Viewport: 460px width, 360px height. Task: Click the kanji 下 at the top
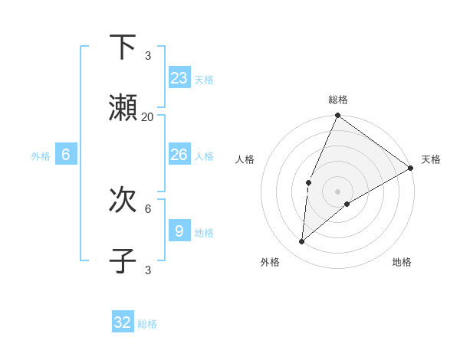(x=123, y=47)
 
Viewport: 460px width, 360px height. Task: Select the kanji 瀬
(x=123, y=108)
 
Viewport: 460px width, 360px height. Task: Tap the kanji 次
(x=123, y=200)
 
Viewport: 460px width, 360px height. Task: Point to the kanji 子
(x=123, y=261)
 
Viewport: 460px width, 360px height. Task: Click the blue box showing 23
(x=179, y=78)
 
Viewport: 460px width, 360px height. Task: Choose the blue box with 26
(x=179, y=155)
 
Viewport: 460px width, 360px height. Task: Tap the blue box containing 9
(x=179, y=231)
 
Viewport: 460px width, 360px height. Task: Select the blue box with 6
(x=66, y=155)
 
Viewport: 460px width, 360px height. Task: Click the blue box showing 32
(x=123, y=322)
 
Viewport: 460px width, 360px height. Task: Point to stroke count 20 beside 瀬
(x=147, y=117)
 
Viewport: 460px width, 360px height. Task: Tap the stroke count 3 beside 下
(x=148, y=56)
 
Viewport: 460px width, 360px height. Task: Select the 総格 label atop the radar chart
(x=338, y=100)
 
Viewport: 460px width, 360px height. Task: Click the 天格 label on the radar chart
(x=431, y=159)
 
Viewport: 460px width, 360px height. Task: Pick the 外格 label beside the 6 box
(x=41, y=156)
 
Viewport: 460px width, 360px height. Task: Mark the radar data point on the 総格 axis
(x=337, y=116)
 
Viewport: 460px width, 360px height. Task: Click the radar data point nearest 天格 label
(x=410, y=168)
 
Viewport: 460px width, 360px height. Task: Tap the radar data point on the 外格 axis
(x=302, y=242)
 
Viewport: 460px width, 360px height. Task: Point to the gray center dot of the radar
(x=337, y=191)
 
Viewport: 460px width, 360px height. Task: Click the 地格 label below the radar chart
(x=402, y=262)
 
